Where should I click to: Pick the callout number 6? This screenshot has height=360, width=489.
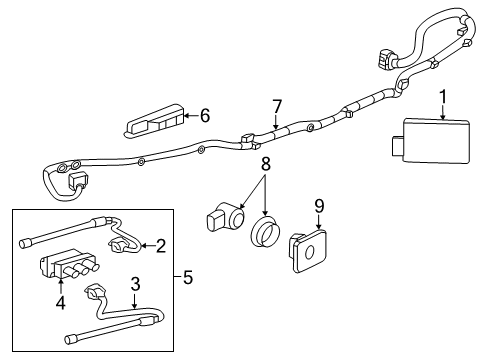pos(205,116)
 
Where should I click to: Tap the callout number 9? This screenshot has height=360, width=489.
pos(319,208)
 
